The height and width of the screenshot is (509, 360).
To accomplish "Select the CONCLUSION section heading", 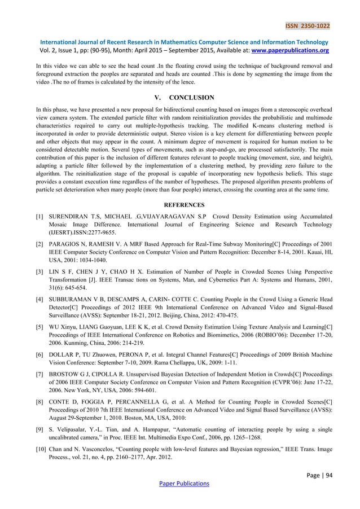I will pyautogui.click(x=191, y=97).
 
